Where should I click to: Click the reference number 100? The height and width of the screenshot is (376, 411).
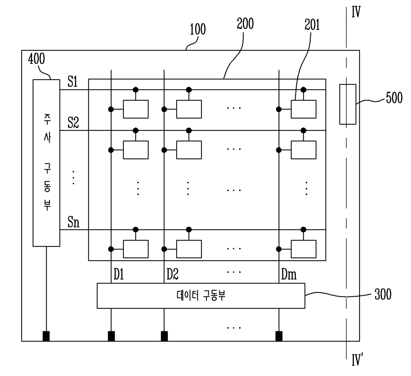coord(198,30)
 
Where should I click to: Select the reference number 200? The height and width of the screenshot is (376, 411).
coord(245,24)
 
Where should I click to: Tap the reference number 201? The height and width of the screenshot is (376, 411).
coord(312,25)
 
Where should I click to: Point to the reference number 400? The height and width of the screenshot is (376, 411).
coord(36,59)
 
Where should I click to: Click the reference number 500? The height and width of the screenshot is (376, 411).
coord(394,98)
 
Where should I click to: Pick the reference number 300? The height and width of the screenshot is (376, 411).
coord(383,294)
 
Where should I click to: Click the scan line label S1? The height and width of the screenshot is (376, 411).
coord(73,82)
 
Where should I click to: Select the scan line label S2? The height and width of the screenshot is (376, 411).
coord(73,123)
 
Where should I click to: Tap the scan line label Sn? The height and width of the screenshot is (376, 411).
coord(73,222)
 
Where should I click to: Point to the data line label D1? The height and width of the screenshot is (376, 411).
coord(118,275)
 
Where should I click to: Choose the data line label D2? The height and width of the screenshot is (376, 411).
coord(172,275)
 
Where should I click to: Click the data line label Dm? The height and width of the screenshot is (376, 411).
coord(289,275)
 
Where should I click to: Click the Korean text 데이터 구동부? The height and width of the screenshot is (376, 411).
coord(201,295)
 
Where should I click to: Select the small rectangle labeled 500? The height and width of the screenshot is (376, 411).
coord(348,104)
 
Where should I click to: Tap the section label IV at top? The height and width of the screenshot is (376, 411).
coord(356,13)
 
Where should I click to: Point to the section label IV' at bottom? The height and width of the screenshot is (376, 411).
coord(357,360)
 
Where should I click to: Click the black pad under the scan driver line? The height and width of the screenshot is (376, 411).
coord(46,336)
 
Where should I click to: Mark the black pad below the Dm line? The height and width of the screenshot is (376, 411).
coord(279,336)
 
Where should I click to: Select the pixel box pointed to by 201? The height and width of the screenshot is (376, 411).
coord(303,109)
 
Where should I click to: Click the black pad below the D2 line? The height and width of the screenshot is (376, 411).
coord(164,336)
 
